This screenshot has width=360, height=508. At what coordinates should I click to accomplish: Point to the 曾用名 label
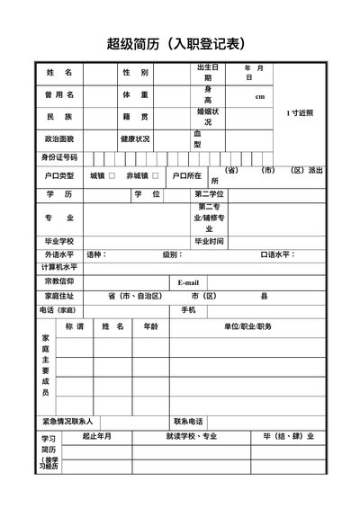pos(58,94)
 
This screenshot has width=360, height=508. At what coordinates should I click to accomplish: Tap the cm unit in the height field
pos(260,96)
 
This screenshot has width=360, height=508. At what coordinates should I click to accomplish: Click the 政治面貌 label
pos(58,139)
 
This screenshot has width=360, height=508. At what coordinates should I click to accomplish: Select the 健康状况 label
pos(135,139)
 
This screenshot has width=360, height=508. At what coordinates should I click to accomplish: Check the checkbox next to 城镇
pos(112,175)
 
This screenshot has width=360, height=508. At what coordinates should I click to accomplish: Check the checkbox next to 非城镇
pos(156,175)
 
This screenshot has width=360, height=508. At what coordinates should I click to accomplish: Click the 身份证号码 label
pos(58,157)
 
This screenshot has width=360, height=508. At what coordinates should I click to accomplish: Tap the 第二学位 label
pos(209,194)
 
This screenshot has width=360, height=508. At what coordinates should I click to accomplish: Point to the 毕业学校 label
pos(58,241)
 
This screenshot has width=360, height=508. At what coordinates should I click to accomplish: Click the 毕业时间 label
pos(209,241)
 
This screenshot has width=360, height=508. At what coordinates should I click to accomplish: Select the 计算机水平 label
pos(58,268)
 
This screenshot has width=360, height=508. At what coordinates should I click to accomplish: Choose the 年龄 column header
pos(150,326)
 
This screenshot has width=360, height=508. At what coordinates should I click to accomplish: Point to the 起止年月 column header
pos(96,437)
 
